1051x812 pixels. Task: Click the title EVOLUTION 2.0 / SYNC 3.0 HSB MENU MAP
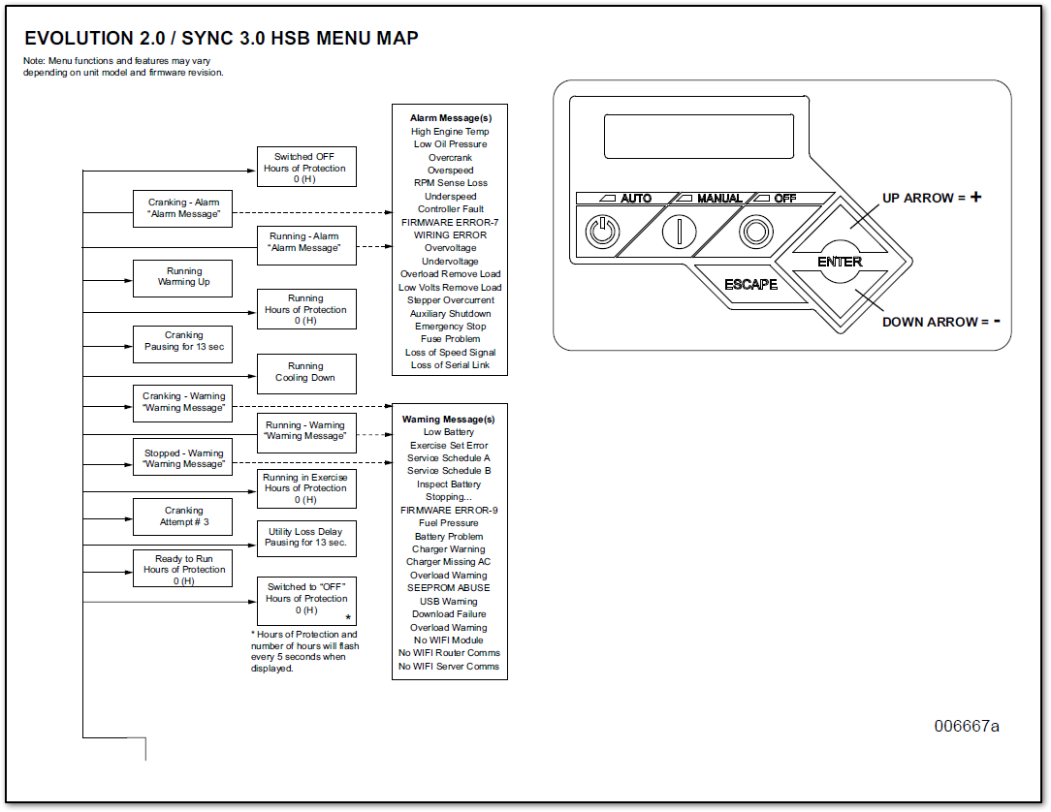pos(221,39)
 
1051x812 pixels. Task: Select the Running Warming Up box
pos(183,277)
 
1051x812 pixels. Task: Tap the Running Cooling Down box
pos(305,373)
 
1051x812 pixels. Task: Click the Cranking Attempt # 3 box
pos(183,516)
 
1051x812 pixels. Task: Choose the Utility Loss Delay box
pos(305,538)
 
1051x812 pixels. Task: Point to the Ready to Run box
pos(183,569)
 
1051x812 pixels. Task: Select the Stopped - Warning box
pos(183,458)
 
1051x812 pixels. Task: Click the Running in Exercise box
pos(305,488)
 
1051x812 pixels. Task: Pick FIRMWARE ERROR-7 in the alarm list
pos(449,222)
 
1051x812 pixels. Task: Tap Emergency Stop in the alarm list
pos(449,327)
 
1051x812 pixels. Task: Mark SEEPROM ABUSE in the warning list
pos(449,588)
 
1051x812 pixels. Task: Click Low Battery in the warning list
pos(449,432)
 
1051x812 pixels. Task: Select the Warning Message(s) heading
pos(449,420)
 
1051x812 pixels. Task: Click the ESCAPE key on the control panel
pos(750,284)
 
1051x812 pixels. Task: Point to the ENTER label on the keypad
pos(840,262)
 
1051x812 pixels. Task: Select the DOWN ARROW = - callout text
pos(940,322)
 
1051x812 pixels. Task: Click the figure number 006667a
pos(967,726)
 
